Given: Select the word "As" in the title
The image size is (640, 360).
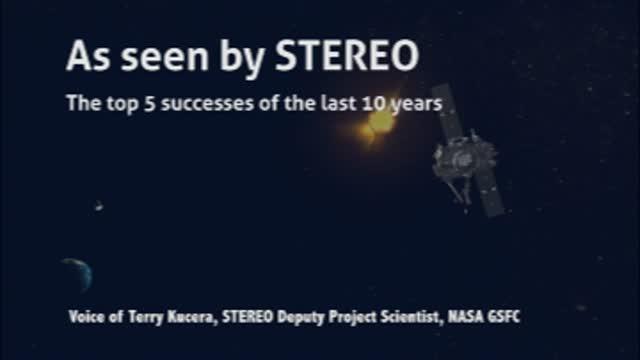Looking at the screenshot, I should coord(86,56).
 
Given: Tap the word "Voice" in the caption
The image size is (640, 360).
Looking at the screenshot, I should coord(89,317).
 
